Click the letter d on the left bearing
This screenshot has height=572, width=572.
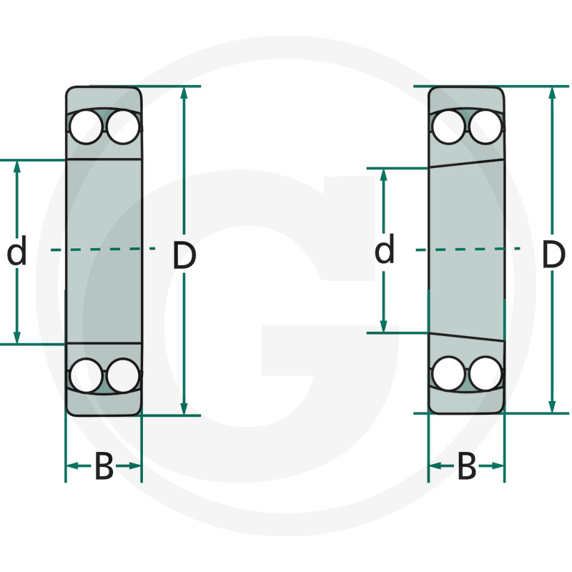(x=16, y=252)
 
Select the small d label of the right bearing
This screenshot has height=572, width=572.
(x=385, y=251)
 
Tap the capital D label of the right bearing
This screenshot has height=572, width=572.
(x=553, y=255)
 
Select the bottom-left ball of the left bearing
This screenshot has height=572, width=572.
(x=87, y=374)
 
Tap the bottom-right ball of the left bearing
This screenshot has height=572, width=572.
(x=122, y=374)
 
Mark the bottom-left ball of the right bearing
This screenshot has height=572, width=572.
(x=449, y=373)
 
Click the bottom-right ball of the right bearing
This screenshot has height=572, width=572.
(x=484, y=373)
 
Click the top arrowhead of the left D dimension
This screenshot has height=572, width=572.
(x=184, y=93)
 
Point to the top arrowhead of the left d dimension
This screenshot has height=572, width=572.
(x=17, y=167)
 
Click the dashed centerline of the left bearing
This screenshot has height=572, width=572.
(x=104, y=249)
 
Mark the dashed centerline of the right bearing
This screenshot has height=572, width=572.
(x=467, y=249)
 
